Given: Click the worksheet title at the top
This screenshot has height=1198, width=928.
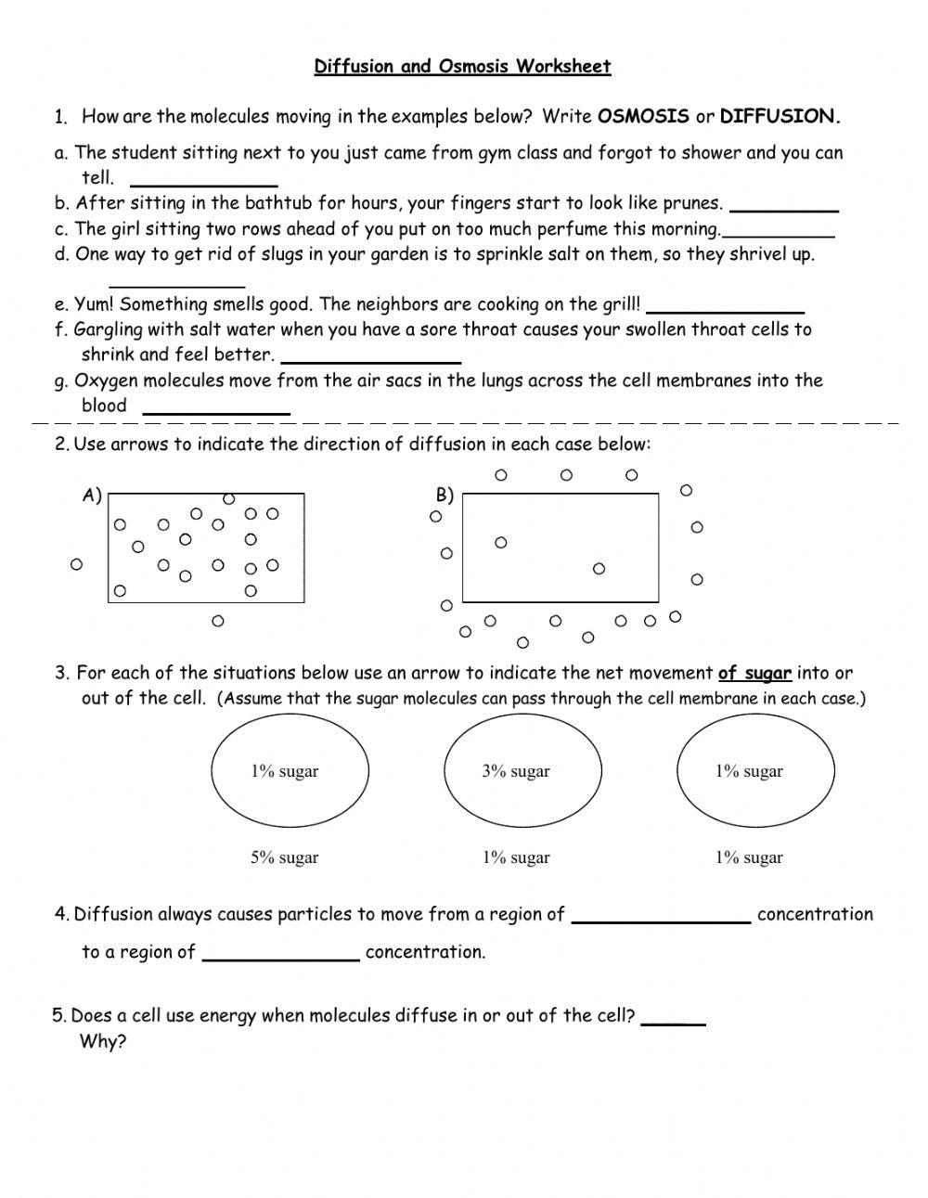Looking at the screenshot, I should coord(462,66).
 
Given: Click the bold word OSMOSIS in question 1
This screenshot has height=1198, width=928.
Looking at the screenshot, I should coord(643,116).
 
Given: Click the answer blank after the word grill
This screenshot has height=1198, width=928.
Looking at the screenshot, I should coord(724,306).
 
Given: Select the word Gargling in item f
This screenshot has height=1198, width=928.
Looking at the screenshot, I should coord(106,329).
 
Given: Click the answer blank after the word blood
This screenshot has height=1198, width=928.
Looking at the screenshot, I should coord(216,407).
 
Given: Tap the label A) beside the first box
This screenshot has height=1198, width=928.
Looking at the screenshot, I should coord(91,496).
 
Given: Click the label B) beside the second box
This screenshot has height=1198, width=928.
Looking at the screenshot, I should coord(445,496).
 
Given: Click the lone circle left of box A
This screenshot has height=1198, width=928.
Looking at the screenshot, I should coord(76,563).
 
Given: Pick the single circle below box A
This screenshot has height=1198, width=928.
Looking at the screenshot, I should coord(218,621).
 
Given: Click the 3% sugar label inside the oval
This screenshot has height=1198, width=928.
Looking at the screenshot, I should coord(516,771).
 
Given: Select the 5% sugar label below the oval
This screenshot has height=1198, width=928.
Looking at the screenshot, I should coord(284,858).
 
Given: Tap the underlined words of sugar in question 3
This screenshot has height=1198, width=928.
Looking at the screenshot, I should coord(754,674).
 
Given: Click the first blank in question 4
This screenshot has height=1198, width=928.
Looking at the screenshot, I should coord(661,917).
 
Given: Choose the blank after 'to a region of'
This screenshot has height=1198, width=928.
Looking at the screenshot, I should coord(280,954).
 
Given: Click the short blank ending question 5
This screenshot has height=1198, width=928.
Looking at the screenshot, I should coord(673,1018).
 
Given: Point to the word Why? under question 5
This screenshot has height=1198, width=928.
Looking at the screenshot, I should coord(102,1041).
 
